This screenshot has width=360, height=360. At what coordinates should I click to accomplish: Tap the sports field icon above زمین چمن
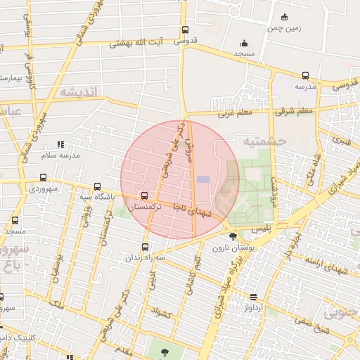285,17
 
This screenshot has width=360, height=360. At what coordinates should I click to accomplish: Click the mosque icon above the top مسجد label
244,43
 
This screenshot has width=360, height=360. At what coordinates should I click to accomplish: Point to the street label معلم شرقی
295,111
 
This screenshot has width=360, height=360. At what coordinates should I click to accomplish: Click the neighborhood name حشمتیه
265,141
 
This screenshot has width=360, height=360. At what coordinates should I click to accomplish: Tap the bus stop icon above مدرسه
305,75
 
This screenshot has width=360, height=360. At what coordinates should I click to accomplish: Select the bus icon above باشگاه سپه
98,186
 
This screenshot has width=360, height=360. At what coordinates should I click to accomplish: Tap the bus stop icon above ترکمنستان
145,196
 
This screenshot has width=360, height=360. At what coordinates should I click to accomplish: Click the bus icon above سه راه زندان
146,247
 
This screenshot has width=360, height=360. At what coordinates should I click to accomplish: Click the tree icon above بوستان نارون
233,236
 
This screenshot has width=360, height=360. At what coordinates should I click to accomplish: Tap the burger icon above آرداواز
253,297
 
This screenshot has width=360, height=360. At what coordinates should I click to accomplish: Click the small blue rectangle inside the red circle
203,179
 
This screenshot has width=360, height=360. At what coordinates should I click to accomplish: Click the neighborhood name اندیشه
81,91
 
